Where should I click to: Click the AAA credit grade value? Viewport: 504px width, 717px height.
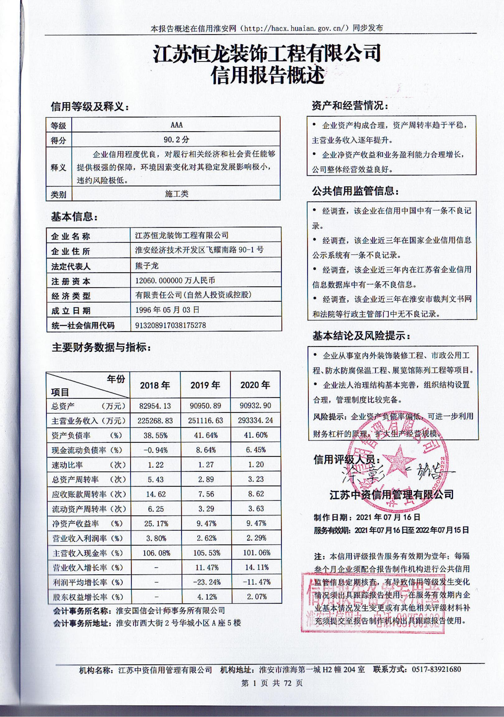[177, 125]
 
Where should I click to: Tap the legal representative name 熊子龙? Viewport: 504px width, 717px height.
[147, 266]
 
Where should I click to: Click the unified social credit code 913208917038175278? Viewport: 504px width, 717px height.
[171, 325]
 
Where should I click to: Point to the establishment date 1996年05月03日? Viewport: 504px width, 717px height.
[167, 310]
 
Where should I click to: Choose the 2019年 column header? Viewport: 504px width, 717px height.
[205, 385]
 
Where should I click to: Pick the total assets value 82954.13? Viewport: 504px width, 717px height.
[155, 406]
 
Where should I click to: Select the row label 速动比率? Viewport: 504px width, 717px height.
[67, 465]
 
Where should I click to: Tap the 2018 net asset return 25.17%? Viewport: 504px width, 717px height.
[156, 523]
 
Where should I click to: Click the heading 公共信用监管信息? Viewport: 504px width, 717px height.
[355, 191]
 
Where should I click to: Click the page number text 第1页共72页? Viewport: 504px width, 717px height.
[272, 683]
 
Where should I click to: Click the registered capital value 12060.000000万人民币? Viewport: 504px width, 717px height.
[175, 281]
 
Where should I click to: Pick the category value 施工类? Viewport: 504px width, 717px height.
[177, 194]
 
